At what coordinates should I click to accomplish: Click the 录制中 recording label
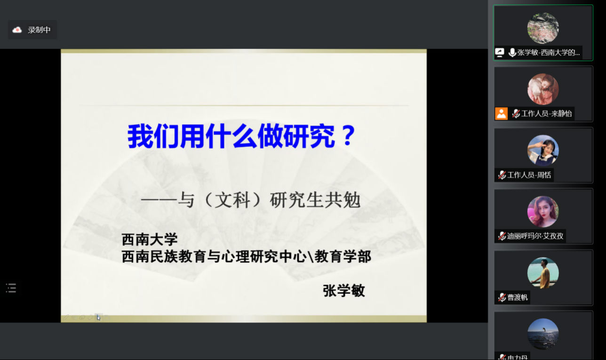(39, 30)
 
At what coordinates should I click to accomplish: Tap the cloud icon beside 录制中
(17, 30)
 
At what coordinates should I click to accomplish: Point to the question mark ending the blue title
(348, 136)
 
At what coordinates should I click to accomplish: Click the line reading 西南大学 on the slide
(150, 240)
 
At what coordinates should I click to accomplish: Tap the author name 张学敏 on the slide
(344, 290)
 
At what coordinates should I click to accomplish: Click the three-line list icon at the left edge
(11, 288)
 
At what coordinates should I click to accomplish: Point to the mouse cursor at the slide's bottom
(98, 317)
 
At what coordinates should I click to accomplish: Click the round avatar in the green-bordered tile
(543, 28)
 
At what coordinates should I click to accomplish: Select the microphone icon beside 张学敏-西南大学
(512, 53)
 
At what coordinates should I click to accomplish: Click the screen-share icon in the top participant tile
(500, 53)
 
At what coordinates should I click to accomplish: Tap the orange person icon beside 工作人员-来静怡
(501, 113)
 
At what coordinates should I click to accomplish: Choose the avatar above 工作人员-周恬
(543, 151)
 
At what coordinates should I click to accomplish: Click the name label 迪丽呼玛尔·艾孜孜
(535, 236)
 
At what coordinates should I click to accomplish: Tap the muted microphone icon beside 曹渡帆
(502, 297)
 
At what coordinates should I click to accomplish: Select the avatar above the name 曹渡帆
(543, 273)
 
